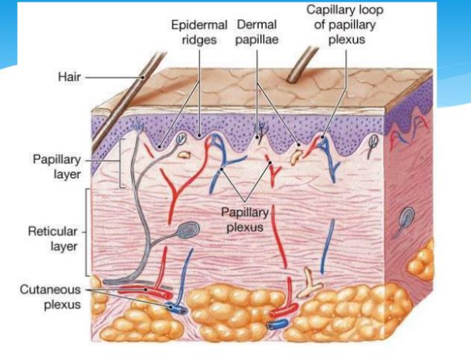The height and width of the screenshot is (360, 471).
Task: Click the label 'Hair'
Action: click(70, 77)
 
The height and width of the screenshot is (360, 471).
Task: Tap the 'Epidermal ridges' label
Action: click(199, 32)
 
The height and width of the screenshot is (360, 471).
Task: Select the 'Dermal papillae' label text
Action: click(257, 32)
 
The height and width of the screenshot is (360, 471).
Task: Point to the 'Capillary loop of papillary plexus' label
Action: click(345, 25)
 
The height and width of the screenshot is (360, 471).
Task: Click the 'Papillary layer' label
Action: click(57, 166)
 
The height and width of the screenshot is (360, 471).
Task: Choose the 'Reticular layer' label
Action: click(53, 239)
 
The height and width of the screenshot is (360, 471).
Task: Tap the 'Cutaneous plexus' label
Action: click(51, 297)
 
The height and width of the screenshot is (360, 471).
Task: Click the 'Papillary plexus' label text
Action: click(245, 220)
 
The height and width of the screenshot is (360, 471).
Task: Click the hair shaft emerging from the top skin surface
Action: click(301, 64)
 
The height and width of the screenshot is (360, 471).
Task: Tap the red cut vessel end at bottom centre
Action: click(283, 311)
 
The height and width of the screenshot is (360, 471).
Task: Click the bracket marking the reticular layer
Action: click(87, 232)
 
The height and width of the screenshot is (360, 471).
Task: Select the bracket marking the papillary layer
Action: click(121, 163)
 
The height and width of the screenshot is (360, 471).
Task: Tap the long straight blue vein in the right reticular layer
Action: click(327, 247)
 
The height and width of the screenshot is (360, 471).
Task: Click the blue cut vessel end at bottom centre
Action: click(277, 325)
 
